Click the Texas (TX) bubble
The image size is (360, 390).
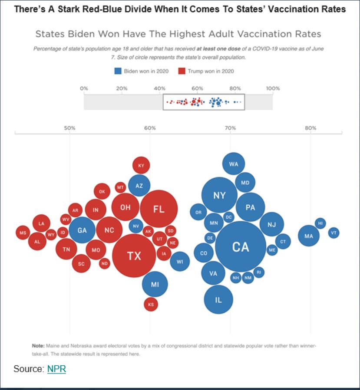[x=134, y=256]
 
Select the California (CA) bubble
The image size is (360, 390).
[x=240, y=246]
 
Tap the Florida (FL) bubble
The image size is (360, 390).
[x=159, y=209]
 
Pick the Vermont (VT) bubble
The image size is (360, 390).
[x=334, y=233]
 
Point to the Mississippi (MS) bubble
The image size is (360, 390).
[x=23, y=233]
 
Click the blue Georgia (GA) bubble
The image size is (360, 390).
[x=82, y=230]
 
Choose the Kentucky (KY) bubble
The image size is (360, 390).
[x=141, y=165]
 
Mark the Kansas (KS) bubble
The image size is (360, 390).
[x=151, y=305]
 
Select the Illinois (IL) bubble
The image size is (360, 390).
[x=218, y=299]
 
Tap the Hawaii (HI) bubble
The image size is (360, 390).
[x=320, y=223]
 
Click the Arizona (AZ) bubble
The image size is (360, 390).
[x=139, y=186]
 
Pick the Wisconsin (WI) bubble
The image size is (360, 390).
[x=180, y=261]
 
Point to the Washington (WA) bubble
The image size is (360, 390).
[x=234, y=164]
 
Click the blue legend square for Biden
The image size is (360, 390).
[x=118, y=71]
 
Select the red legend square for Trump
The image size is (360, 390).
[x=182, y=71]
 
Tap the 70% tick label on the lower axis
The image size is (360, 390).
[x=230, y=128]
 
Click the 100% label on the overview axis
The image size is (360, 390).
[x=273, y=88]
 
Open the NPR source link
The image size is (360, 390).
[x=56, y=369]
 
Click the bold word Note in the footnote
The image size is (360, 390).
[x=38, y=346]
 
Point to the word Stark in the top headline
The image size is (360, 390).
[x=64, y=9]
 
